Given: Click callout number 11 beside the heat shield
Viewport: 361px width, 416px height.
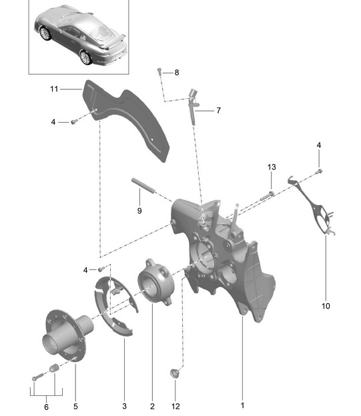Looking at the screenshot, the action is (54, 89).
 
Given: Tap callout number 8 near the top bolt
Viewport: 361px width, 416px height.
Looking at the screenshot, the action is (177, 72).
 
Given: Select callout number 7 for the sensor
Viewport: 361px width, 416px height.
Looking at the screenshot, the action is (218, 110).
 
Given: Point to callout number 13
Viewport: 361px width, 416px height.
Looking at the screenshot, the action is (272, 167).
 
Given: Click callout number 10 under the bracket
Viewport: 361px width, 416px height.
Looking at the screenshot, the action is (326, 306).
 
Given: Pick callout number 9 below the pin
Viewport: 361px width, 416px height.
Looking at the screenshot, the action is (139, 211).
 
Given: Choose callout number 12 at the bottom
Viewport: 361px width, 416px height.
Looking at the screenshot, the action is (175, 406).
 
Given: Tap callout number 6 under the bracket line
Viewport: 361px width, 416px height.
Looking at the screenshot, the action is (47, 407).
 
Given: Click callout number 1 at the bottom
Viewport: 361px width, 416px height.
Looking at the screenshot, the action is (242, 405).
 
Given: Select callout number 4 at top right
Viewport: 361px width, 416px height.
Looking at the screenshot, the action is (318, 145).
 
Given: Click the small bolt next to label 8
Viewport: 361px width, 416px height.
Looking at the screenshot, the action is (159, 71).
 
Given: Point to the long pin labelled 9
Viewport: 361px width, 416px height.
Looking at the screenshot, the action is (143, 186).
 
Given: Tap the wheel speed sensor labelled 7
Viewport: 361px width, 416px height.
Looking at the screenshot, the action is (193, 106).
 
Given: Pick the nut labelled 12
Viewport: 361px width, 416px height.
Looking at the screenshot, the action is (174, 373).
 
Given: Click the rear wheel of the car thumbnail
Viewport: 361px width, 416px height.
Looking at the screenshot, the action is (85, 57).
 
